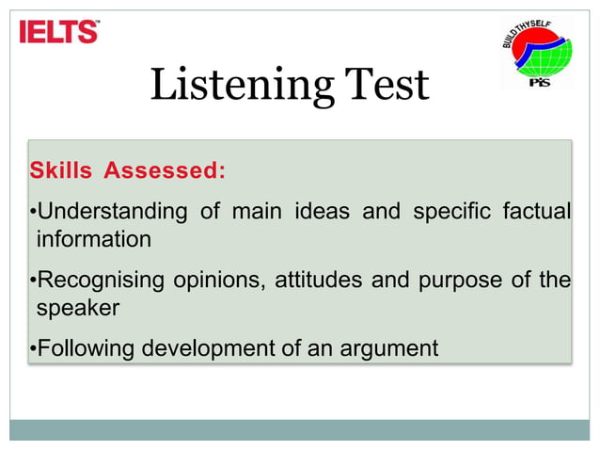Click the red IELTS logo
pos(59,32)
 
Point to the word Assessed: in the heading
pos(165,170)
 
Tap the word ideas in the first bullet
pos(322,211)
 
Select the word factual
pos(535,211)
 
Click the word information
pos(93,239)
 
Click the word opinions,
pos(217,280)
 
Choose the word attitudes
pos(318,280)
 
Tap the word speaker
pos(78,308)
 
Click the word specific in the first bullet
pos(450,211)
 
